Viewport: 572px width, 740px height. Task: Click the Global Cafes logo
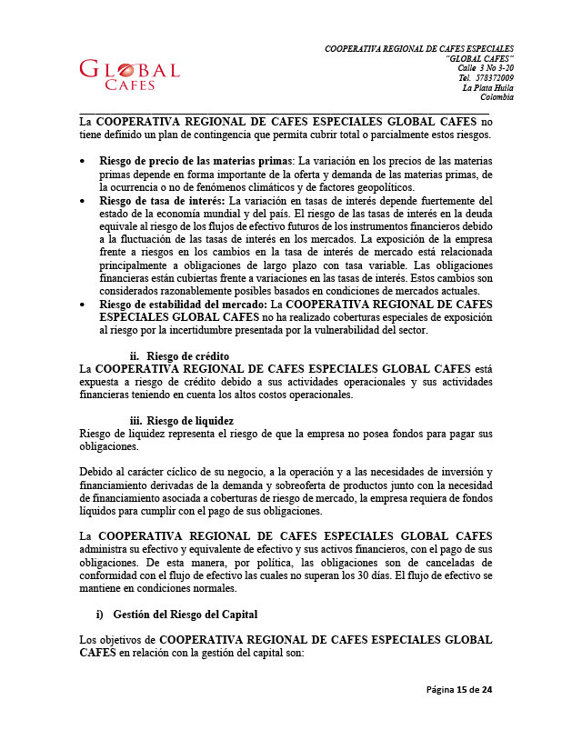129,75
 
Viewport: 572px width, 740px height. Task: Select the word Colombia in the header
497,98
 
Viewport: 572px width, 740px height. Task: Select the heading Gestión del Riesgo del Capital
186,616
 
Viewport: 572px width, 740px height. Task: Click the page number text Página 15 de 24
459,690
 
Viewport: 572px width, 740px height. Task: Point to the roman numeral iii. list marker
135,421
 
